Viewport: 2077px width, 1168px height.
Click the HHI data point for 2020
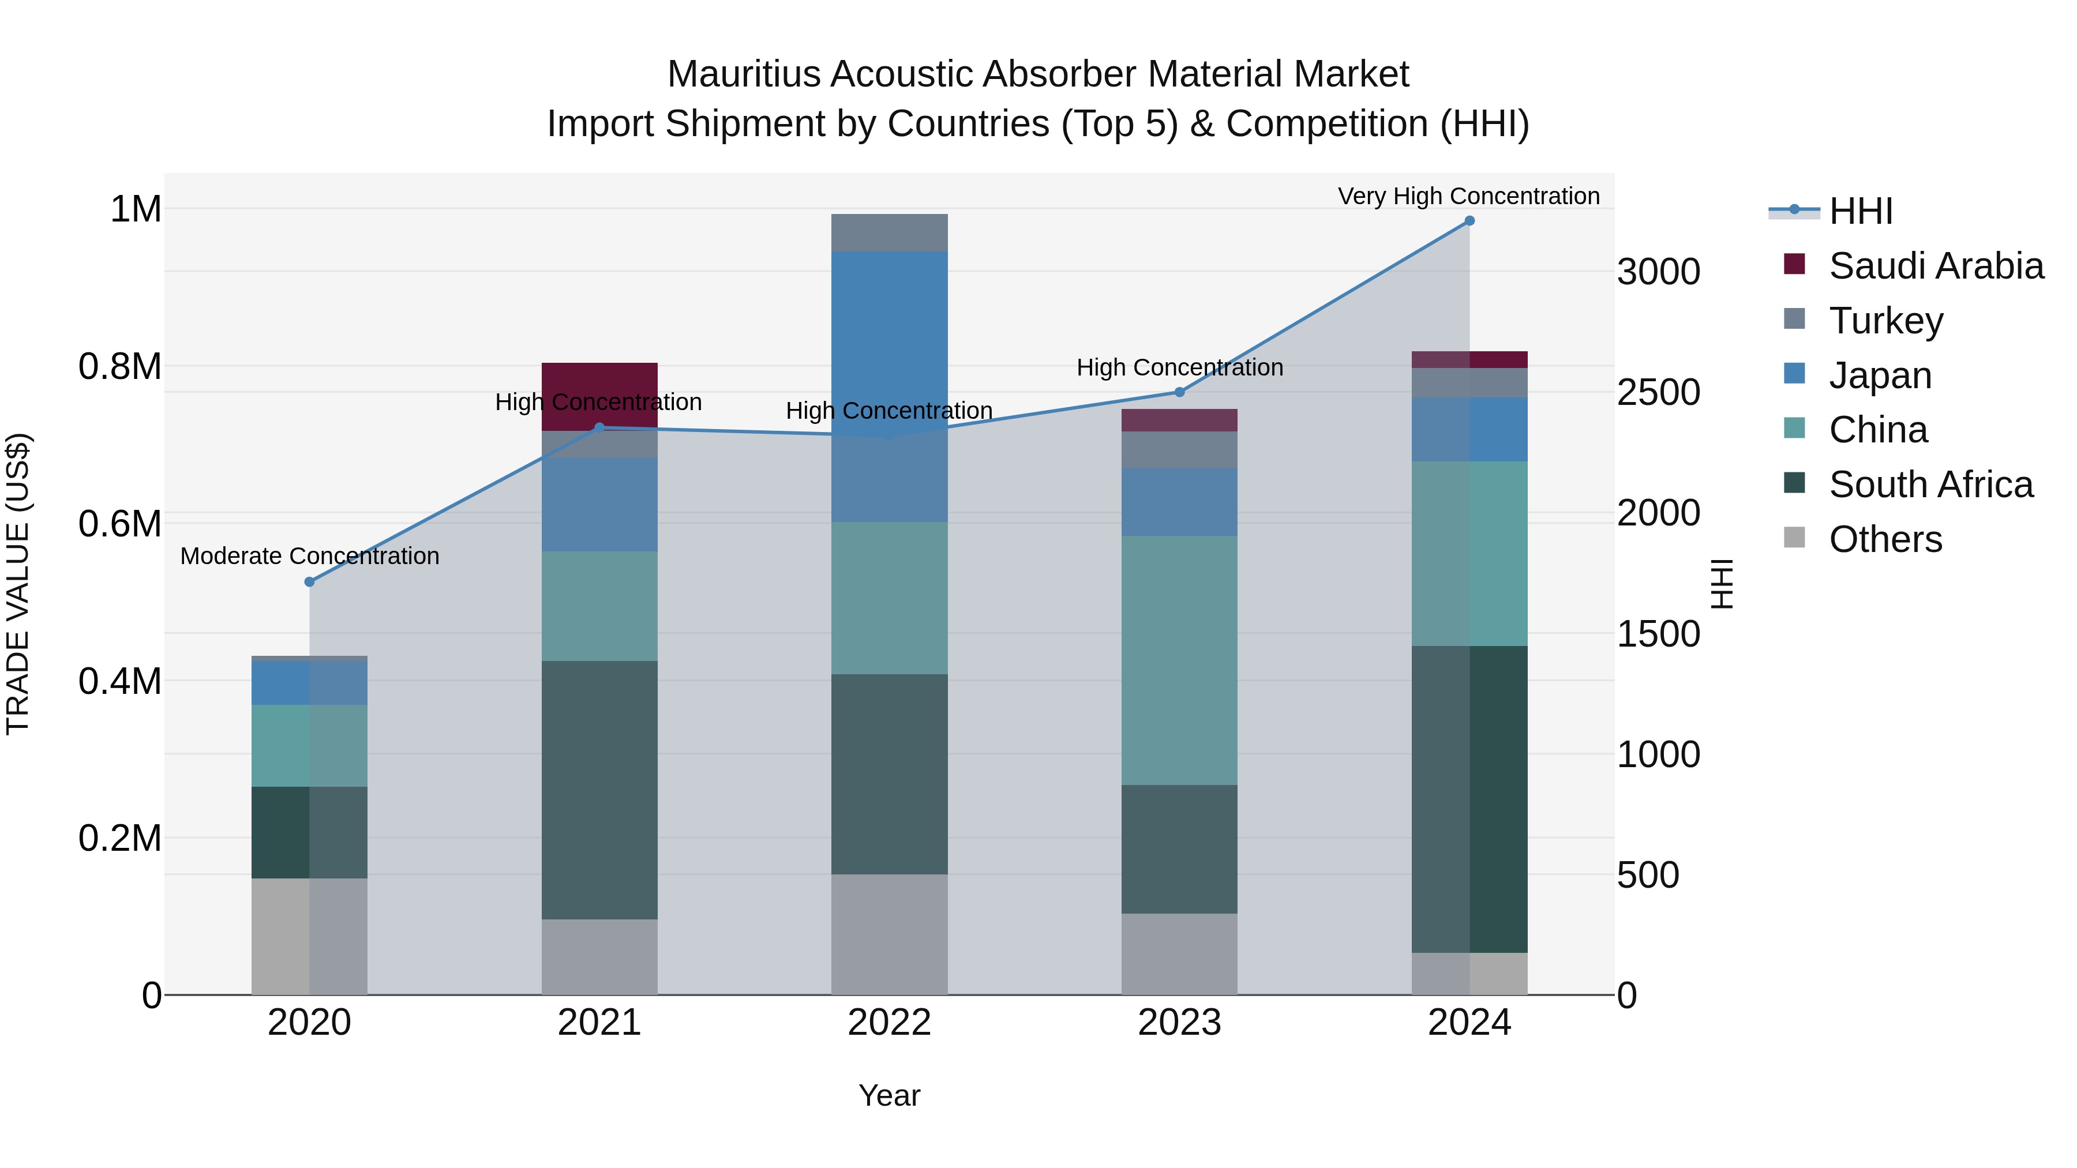[310, 582]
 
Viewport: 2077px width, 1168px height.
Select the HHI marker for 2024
[1469, 221]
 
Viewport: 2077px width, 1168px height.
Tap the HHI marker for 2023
[1179, 393]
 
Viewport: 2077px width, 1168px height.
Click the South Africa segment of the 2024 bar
[1469, 798]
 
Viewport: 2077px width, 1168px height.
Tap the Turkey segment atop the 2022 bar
[889, 233]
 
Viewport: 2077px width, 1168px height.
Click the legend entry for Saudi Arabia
[1935, 266]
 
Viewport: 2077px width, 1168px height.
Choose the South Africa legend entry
[1930, 485]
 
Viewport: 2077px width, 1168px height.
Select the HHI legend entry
[1860, 211]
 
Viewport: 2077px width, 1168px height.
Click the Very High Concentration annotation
[1468, 196]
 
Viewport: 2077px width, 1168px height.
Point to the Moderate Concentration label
[310, 556]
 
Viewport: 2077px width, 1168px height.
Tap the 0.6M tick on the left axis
[120, 524]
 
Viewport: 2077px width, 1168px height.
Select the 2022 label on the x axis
[889, 1023]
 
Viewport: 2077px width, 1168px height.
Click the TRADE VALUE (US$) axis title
[18, 584]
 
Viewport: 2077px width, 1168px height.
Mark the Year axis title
[889, 1095]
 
